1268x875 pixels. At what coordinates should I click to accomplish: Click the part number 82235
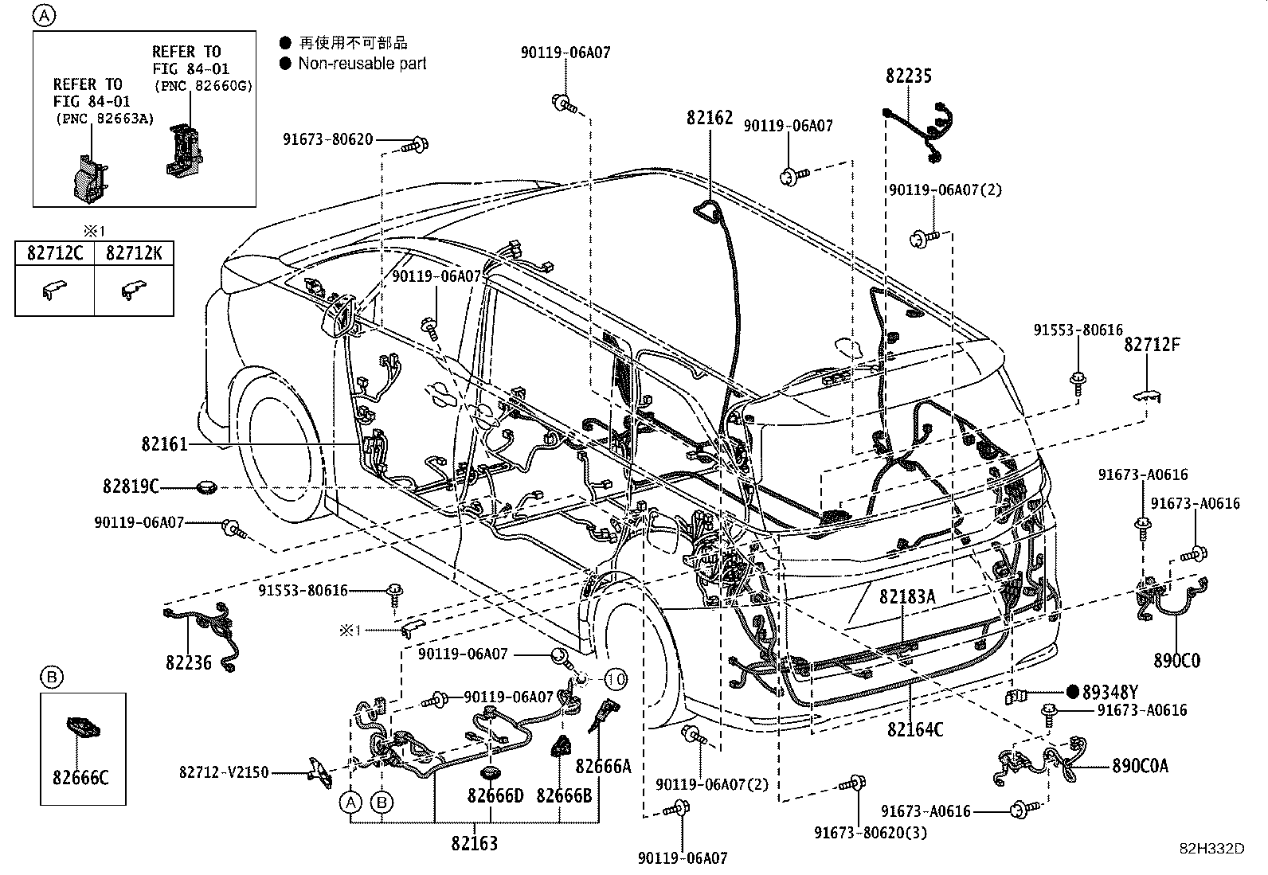coord(909,76)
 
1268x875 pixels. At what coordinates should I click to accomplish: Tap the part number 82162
coord(710,118)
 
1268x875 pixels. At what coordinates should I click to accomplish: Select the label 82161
coord(164,444)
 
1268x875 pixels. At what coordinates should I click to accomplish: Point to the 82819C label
coord(131,486)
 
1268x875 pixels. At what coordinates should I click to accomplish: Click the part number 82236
coord(189,662)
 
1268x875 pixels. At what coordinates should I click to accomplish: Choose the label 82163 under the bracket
coord(475,843)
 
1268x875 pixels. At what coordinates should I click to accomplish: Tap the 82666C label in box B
coord(80,778)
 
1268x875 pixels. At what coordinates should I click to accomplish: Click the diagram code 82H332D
coord(1211,849)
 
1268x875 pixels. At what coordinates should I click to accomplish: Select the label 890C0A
coord(1140,766)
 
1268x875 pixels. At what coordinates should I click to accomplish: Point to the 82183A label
coord(907,596)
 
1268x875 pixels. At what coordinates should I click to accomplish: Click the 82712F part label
coord(1152,344)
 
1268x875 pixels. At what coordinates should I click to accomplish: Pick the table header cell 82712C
coord(55,253)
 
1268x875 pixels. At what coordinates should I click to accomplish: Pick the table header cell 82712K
coord(134,253)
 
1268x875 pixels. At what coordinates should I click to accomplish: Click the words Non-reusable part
coord(362,64)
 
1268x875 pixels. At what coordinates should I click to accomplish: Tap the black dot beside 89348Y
coord(1073,692)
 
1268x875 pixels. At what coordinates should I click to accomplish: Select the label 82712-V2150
coord(224,772)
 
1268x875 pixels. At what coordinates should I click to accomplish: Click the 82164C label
coord(915,729)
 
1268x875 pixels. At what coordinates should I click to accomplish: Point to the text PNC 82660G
coord(205,86)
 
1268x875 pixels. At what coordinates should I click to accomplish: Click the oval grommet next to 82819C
coord(206,487)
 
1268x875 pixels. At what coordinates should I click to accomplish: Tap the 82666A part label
coord(604,766)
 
